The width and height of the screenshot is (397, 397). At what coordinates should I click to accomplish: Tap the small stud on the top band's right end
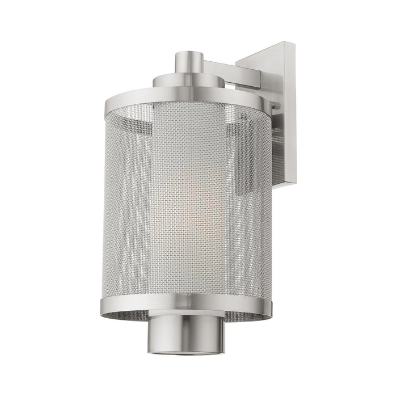(x=275, y=105)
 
